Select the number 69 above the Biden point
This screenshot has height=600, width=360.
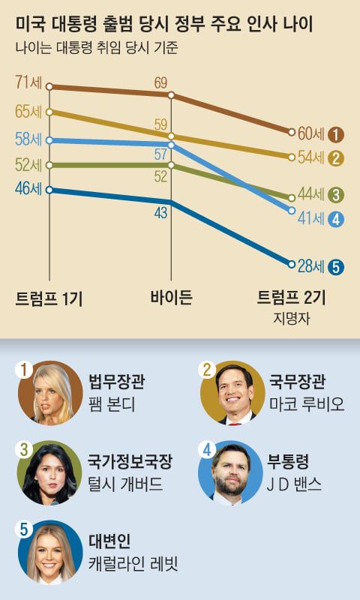pos(160,82)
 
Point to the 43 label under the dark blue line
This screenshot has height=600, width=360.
pos(160,213)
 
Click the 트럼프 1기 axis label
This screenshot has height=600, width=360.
pos(49,298)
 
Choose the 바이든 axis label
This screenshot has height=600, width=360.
pos(172,298)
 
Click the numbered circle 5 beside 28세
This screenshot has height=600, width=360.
pos(336,265)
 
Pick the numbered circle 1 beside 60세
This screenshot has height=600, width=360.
pos(336,135)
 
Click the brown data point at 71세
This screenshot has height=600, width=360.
pos(49,87)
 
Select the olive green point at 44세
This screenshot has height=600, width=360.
pos(292,196)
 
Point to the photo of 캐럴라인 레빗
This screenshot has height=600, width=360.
pos(50,553)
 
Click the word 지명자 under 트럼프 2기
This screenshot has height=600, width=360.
pos(292,318)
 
